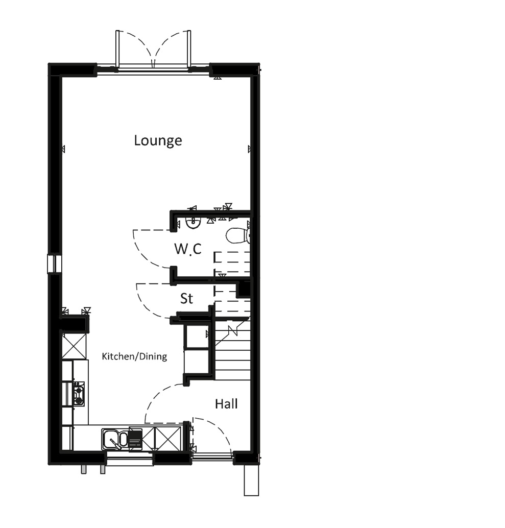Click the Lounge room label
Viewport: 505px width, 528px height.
click(x=158, y=140)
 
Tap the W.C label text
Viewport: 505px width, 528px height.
click(x=187, y=249)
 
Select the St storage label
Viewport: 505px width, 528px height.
click(x=186, y=298)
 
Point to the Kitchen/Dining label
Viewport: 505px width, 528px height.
click(x=134, y=356)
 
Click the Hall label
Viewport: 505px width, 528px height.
click(x=226, y=404)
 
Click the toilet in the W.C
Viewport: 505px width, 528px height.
click(x=237, y=235)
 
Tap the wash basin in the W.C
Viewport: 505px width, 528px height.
click(x=192, y=222)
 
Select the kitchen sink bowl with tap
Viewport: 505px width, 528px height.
click(x=111, y=438)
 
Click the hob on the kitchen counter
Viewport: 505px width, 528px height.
click(x=78, y=393)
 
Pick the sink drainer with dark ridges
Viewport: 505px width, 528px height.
click(x=134, y=439)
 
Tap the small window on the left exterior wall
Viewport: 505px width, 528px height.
click(x=54, y=263)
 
